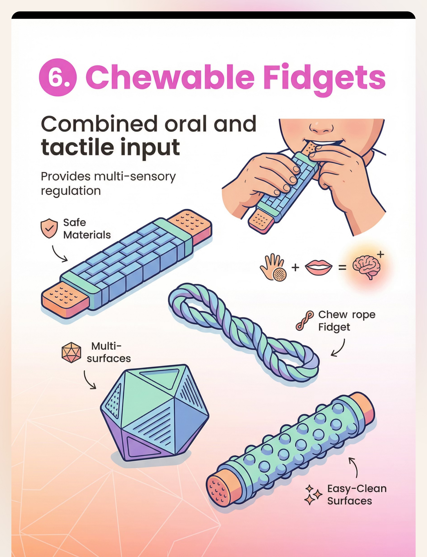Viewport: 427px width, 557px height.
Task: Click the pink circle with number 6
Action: pyautogui.click(x=58, y=77)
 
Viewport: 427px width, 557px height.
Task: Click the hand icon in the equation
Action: pyautogui.click(x=273, y=267)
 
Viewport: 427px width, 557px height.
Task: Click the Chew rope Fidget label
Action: pyautogui.click(x=347, y=321)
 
